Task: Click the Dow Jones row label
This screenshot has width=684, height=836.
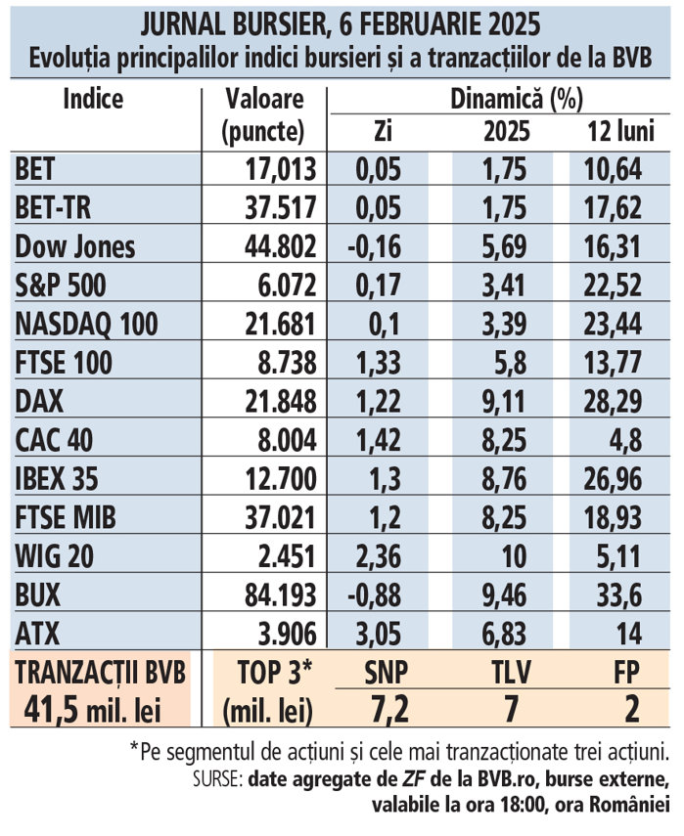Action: click(x=75, y=247)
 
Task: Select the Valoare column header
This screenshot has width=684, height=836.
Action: click(x=263, y=99)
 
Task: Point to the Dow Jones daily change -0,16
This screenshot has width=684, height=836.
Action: click(x=374, y=247)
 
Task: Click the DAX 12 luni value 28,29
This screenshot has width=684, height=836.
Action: click(x=615, y=401)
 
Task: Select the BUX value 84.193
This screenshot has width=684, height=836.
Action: click(x=280, y=594)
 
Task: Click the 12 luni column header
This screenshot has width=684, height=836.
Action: click(x=615, y=130)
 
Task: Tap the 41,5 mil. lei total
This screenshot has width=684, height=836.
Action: click(x=101, y=708)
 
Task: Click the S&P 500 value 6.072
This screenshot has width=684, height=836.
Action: click(x=285, y=286)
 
